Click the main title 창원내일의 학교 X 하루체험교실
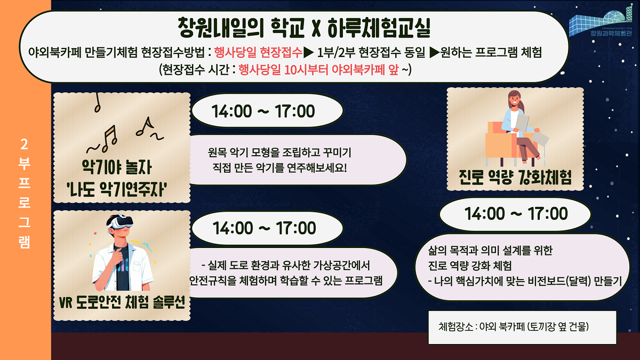[x=304, y=27]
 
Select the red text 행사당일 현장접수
[x=258, y=52]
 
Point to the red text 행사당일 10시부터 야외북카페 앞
[x=318, y=70]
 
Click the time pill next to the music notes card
[x=263, y=112]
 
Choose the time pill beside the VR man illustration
[x=264, y=228]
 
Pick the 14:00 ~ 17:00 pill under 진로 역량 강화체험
[x=516, y=214]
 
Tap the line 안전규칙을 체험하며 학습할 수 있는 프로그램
[x=286, y=281]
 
